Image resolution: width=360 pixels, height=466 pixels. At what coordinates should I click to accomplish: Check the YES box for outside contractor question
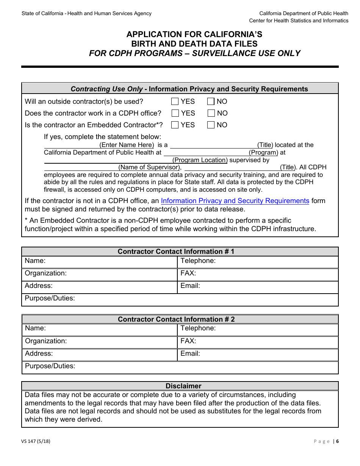pyautogui.click(x=175, y=102)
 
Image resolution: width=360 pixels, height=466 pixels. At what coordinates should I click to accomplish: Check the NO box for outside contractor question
pyautogui.click(x=211, y=102)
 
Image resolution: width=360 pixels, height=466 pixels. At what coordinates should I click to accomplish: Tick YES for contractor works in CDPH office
pyautogui.click(x=175, y=113)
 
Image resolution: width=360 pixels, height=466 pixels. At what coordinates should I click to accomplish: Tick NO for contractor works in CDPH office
pyautogui.click(x=211, y=113)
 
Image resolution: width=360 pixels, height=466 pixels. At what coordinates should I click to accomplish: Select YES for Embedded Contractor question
pyautogui.click(x=175, y=125)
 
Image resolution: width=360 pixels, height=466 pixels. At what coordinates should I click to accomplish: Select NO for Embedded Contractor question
pyautogui.click(x=211, y=125)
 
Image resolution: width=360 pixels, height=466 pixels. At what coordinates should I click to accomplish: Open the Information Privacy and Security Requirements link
pyautogui.click(x=235, y=201)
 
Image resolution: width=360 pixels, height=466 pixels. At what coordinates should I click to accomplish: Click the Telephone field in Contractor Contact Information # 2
pyautogui.click(x=273, y=328)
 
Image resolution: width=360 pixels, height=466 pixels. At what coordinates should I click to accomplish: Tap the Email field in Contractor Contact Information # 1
pyautogui.click(x=273, y=286)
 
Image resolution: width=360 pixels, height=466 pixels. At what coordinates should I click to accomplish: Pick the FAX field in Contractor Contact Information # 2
pyautogui.click(x=273, y=341)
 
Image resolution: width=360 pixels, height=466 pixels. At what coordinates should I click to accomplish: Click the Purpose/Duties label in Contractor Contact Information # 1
pyautogui.click(x=50, y=298)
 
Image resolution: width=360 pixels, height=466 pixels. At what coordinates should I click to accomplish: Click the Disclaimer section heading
pyautogui.click(x=183, y=386)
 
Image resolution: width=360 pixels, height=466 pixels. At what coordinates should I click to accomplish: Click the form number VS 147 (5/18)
pyautogui.click(x=36, y=441)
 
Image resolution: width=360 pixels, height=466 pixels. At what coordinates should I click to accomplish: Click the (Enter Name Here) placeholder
pyautogui.click(x=127, y=145)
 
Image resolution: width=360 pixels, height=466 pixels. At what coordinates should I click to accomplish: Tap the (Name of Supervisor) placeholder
pyautogui.click(x=149, y=167)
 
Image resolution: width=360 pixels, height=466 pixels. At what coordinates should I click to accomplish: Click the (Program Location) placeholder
pyautogui.click(x=200, y=160)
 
